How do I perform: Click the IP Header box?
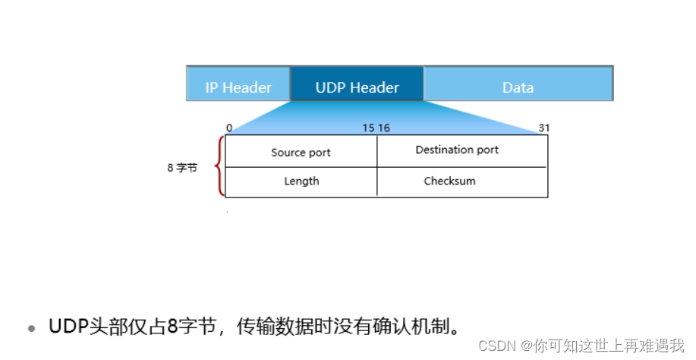[238, 87]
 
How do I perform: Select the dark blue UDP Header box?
[357, 87]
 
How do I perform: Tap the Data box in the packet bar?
[518, 87]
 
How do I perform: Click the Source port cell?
[301, 152]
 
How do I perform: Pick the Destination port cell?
[457, 150]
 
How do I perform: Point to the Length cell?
[301, 181]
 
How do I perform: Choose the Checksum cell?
[449, 181]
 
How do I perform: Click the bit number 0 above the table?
[229, 128]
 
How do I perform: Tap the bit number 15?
[368, 128]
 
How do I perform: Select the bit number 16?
[383, 128]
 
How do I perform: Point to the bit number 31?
[543, 128]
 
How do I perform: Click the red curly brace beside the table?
[221, 166]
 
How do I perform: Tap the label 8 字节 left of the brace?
[182, 168]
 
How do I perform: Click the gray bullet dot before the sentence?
[32, 329]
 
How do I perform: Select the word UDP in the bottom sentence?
[65, 327]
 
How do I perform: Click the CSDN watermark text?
[497, 346]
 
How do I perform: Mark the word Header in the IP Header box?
[248, 87]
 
